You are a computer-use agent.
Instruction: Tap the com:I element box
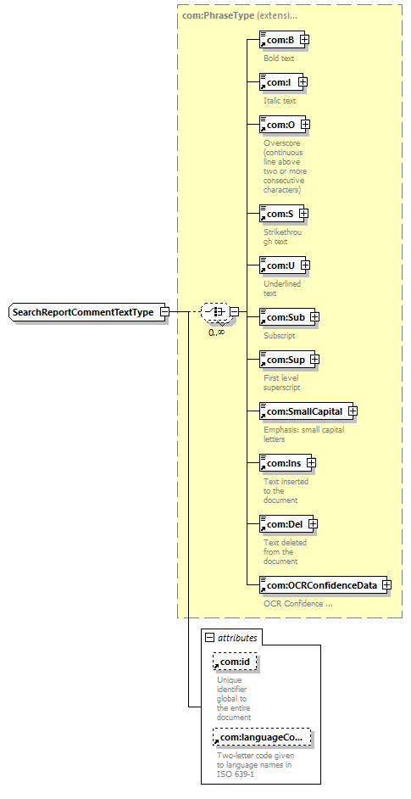coord(283,81)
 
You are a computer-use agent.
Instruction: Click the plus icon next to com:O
coord(305,124)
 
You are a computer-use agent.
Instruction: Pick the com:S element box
coord(284,214)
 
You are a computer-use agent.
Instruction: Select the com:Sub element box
coord(289,317)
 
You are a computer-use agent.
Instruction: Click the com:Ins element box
coord(288,463)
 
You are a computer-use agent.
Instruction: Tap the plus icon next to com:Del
coord(314,524)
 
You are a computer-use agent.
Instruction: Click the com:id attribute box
coord(235,662)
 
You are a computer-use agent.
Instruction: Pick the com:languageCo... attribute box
coord(262,737)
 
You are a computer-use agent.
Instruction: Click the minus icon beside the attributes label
coord(209,637)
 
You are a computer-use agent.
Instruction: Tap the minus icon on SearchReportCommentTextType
coord(164,311)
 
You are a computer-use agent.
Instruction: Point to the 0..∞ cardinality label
coord(217,332)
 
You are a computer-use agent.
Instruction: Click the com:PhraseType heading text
coord(218,16)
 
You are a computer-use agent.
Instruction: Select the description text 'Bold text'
coord(279,58)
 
